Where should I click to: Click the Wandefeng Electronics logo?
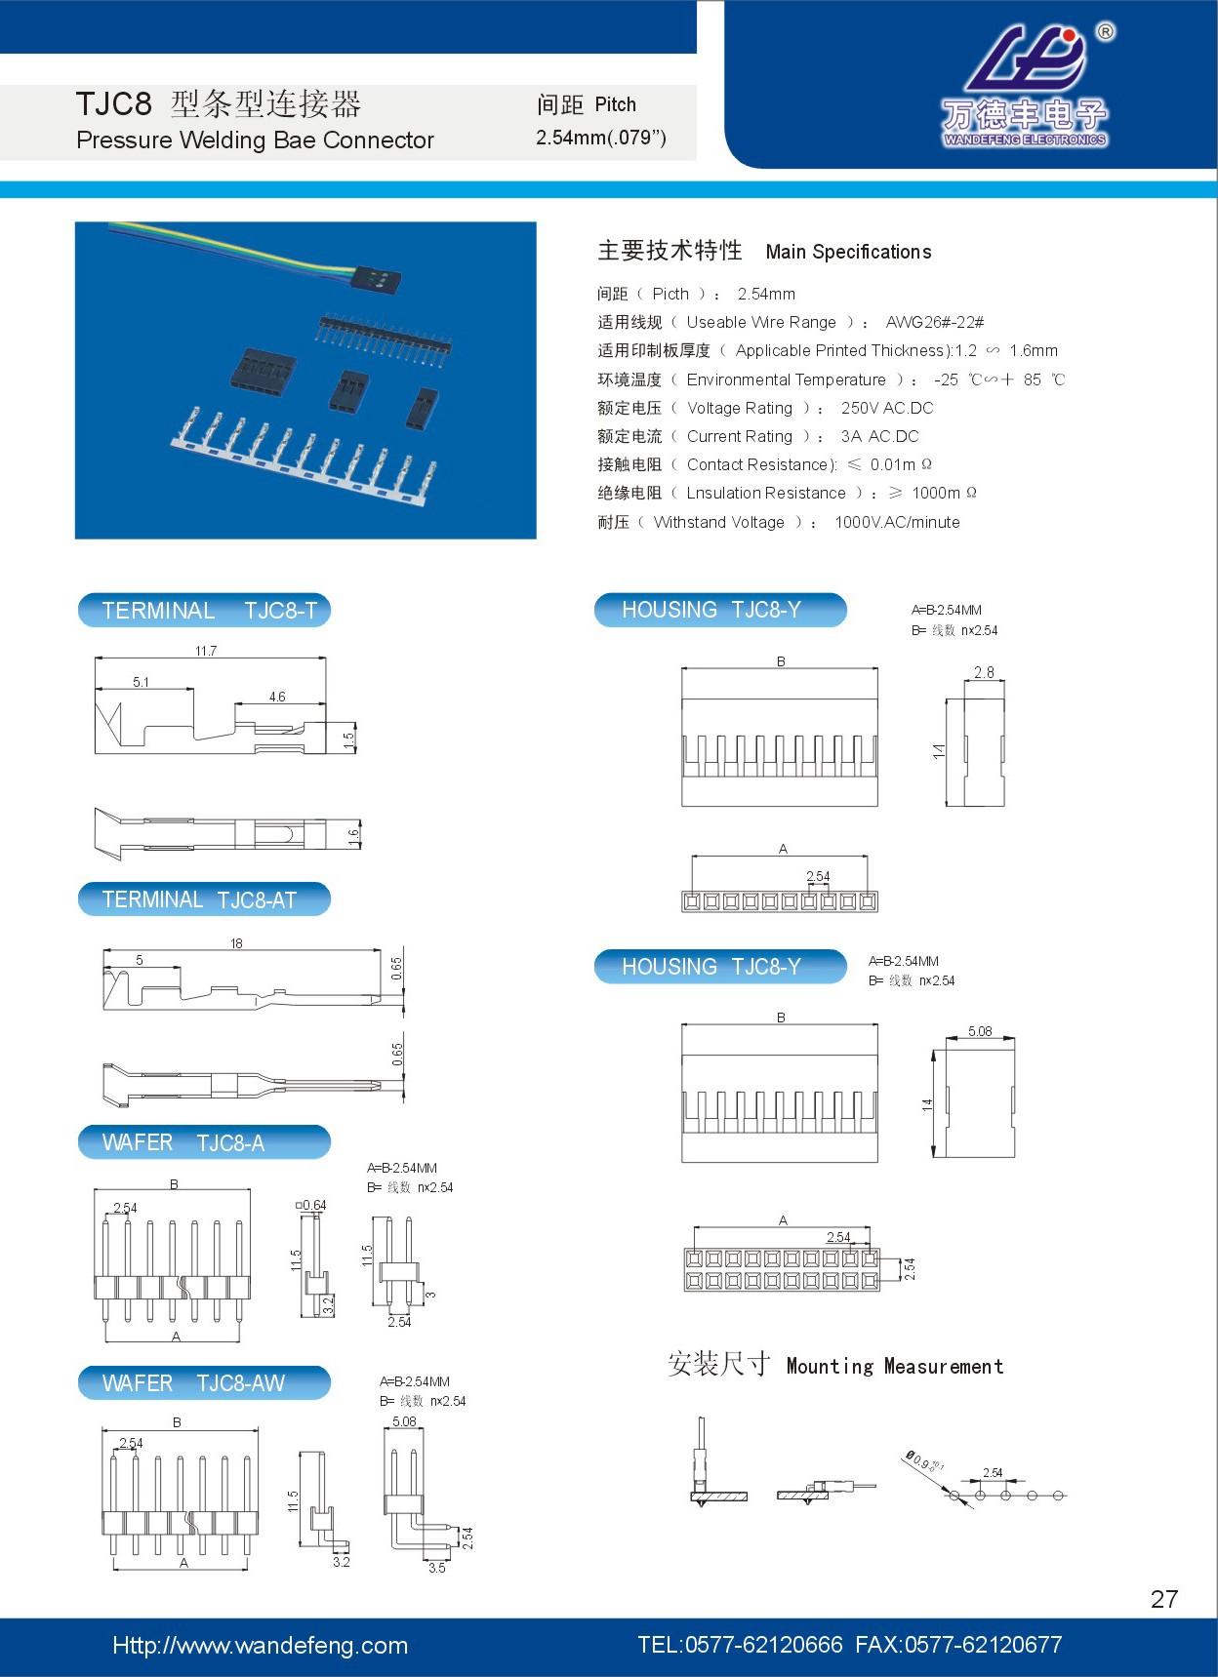click(1025, 88)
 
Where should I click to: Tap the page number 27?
click(1164, 1599)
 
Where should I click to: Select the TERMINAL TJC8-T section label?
click(205, 611)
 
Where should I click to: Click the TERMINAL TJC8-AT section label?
click(203, 899)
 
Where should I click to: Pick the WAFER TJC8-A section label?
click(203, 1142)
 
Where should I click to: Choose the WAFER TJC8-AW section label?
click(203, 1383)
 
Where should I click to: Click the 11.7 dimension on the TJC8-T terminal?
click(206, 651)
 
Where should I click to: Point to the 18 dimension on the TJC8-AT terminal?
click(236, 943)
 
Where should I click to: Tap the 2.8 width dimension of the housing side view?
click(984, 672)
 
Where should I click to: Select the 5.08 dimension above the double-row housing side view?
click(980, 1031)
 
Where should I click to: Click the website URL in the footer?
click(260, 1646)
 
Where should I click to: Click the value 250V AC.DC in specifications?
click(887, 408)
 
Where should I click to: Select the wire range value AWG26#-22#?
click(934, 322)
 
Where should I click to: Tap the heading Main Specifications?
click(848, 252)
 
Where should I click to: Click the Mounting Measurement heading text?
click(894, 1366)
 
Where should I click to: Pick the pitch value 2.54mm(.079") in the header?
click(600, 138)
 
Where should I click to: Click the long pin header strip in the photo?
click(386, 339)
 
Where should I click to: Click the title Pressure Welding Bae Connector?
click(255, 140)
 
